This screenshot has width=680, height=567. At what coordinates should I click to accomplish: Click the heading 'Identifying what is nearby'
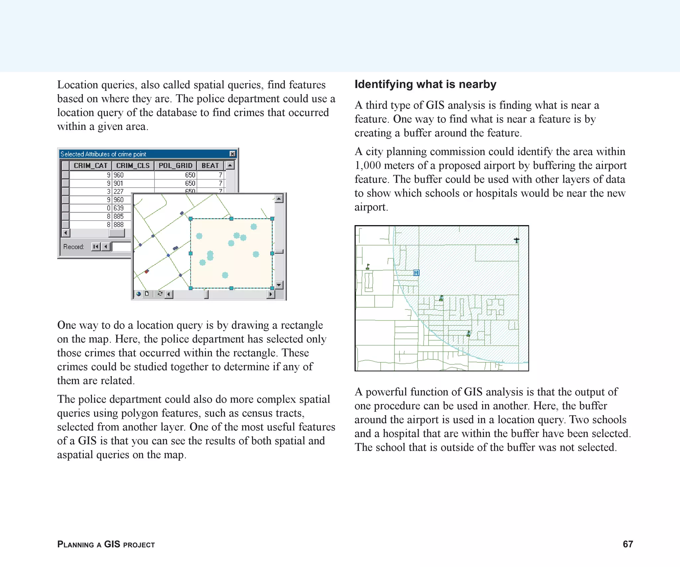click(x=425, y=84)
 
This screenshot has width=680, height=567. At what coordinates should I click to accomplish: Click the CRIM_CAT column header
click(x=90, y=165)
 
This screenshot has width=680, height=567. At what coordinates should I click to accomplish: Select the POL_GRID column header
click(x=175, y=165)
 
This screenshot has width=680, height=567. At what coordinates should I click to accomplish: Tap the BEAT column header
click(x=210, y=165)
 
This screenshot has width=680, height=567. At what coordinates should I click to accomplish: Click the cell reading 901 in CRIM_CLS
click(x=119, y=183)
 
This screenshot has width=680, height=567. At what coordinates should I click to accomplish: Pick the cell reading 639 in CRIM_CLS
click(x=119, y=208)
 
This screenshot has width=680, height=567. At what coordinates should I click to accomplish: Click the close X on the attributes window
click(x=232, y=154)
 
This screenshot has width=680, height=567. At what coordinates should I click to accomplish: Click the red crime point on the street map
click(x=147, y=271)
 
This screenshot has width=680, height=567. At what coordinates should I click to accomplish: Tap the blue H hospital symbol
click(x=416, y=273)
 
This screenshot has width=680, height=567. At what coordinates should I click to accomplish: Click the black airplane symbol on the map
click(x=516, y=240)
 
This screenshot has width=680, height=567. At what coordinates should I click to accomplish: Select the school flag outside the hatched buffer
click(x=368, y=266)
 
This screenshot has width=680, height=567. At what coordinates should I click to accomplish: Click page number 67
click(x=628, y=544)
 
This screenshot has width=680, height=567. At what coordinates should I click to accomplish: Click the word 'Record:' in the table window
click(x=74, y=247)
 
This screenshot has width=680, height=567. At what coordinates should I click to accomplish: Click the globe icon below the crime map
click(x=138, y=294)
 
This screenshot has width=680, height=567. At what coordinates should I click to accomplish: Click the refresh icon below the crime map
click(x=160, y=294)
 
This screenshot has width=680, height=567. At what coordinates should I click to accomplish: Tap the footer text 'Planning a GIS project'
click(x=106, y=544)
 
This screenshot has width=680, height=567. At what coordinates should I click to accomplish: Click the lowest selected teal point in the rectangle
click(x=225, y=275)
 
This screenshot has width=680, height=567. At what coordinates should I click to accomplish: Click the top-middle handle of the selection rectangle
click(x=231, y=219)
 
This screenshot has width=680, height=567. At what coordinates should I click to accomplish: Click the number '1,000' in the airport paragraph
click(x=368, y=165)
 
